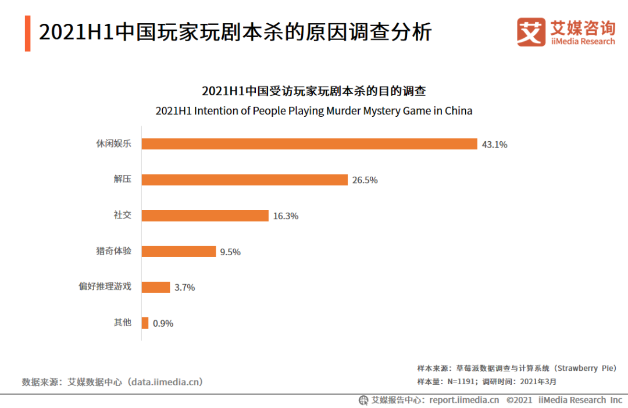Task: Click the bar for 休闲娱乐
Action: pos(309,144)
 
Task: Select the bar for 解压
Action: pos(245,180)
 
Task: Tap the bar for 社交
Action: pos(205,216)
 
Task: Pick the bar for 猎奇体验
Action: pos(179,251)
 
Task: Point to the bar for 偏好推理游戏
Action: pos(156,287)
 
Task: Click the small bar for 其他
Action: pos(145,323)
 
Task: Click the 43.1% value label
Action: pos(494,145)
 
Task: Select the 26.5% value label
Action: pos(365,180)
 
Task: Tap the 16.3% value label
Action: pos(286,216)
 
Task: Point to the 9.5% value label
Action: pos(230,252)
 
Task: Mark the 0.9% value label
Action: pos(163,324)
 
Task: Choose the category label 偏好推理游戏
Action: pos(105,287)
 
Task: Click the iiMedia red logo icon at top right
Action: pos(531,32)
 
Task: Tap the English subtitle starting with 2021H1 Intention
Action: pos(314,111)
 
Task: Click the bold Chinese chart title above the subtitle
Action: pos(314,91)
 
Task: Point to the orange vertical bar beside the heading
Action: pos(27,33)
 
